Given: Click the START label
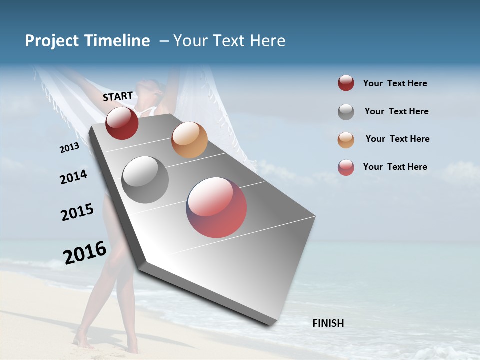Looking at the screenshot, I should (118, 96).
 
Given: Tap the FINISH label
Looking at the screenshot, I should (328, 323).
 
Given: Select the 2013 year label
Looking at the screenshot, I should (69, 148).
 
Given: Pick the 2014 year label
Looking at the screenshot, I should (73, 177).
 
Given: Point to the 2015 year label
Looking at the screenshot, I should (77, 212).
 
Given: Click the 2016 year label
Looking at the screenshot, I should (85, 252).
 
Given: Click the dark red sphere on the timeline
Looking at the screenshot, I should (122, 123).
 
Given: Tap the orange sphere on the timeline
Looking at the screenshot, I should (189, 140).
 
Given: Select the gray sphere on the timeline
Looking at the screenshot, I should (145, 180).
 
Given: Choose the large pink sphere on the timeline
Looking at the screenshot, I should (216, 207).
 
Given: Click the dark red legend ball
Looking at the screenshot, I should (346, 83).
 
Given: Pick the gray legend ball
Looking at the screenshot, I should (346, 112).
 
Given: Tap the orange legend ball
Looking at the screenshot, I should (346, 140).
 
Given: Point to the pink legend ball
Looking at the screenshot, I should (346, 167).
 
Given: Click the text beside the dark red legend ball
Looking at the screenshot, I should (395, 83).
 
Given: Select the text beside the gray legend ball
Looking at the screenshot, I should (396, 111).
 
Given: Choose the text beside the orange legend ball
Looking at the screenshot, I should (397, 139).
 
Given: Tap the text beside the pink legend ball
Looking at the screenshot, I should (395, 167).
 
